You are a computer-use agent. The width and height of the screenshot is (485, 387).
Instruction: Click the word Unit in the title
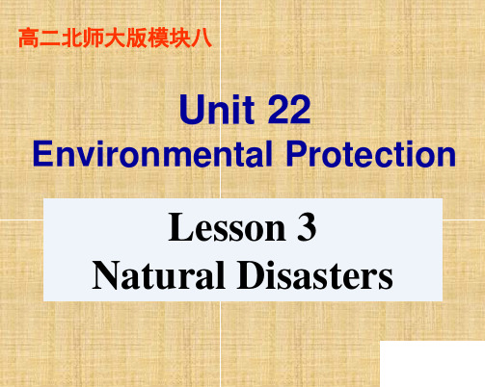(217, 109)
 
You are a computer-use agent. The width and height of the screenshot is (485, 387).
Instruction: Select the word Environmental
(152, 154)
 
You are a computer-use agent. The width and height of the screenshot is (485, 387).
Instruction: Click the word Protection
(371, 154)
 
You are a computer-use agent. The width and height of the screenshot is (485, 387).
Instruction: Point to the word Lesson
(228, 227)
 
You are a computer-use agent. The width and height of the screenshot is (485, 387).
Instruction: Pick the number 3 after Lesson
(307, 227)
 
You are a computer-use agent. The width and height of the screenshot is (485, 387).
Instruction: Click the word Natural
(158, 275)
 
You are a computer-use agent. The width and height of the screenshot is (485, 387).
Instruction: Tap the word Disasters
(315, 275)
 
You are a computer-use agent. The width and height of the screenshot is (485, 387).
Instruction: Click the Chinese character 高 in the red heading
(29, 39)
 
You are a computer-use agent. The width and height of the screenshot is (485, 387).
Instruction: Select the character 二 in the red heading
(50, 39)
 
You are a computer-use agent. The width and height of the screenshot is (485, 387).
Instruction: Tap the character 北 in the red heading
(71, 39)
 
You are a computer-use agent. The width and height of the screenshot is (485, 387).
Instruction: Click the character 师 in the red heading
(94, 39)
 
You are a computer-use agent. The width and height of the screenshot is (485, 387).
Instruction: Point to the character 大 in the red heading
(115, 39)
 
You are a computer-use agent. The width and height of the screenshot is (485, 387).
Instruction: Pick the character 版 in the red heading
(136, 39)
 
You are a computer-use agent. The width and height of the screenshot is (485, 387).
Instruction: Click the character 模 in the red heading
(158, 39)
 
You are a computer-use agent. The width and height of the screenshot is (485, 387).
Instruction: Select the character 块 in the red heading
(179, 39)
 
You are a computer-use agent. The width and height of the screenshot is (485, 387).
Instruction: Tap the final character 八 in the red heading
(202, 39)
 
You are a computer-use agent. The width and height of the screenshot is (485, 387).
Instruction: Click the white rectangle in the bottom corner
(432, 364)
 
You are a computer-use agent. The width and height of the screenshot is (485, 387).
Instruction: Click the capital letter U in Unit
(192, 110)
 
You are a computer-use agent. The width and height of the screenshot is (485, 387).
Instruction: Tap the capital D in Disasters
(252, 275)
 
